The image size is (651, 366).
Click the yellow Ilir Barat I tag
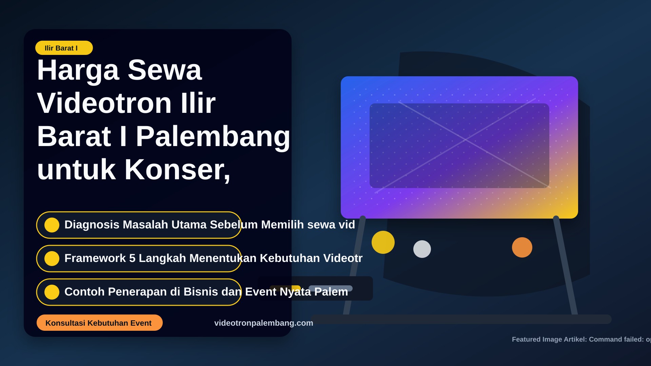pos(64,48)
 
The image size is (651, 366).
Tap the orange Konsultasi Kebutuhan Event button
pos(100,323)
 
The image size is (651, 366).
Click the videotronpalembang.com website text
pos(264,323)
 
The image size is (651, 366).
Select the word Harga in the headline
pos(78,70)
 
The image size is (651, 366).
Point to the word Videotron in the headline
pos(104,103)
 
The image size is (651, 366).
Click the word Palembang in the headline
pos(213,137)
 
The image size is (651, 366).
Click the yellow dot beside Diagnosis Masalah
pos(52,225)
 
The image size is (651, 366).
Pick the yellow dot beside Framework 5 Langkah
pos(52,259)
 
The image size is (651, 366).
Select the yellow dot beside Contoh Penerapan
pos(52,292)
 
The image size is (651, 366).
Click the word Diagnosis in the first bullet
pos(92,225)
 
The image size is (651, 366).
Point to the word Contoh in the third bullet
pos(84,292)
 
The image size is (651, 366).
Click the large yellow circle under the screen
pos(383,242)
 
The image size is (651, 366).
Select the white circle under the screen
pos(422,249)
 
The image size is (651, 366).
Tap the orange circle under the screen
pos(522,247)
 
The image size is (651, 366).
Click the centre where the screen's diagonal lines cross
pos(465,140)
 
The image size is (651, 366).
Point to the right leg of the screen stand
pos(566,266)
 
